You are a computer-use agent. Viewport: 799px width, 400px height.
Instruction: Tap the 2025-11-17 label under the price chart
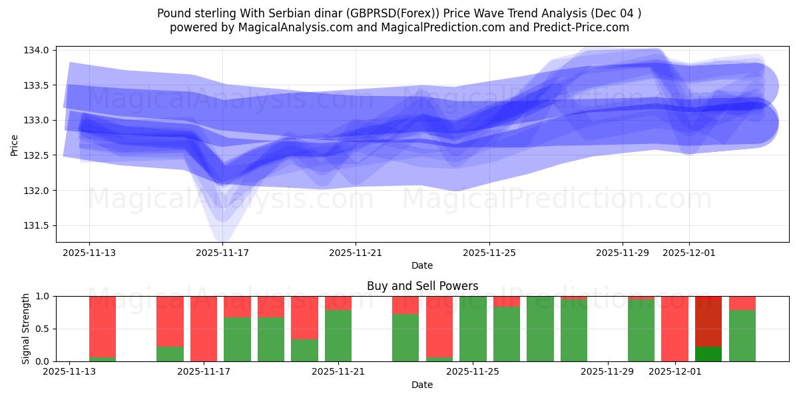point(222,253)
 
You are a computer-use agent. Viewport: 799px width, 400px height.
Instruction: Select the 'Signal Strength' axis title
point(25,329)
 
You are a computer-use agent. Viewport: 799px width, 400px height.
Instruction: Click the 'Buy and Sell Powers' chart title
point(422,286)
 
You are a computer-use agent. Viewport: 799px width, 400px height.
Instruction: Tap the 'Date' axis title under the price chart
point(422,265)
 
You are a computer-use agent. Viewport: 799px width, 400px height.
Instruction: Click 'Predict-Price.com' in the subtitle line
point(583,27)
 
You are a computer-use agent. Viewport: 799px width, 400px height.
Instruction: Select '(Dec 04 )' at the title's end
point(617,13)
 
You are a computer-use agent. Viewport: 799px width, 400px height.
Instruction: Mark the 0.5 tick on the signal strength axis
point(45,329)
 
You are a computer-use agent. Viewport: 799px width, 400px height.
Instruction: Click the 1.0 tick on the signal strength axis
point(45,296)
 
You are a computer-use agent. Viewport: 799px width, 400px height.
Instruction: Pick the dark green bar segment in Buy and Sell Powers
point(708,354)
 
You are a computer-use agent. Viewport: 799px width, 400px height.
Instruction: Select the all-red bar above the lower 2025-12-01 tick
point(674,329)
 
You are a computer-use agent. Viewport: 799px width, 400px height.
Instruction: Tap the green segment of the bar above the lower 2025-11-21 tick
point(338,335)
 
